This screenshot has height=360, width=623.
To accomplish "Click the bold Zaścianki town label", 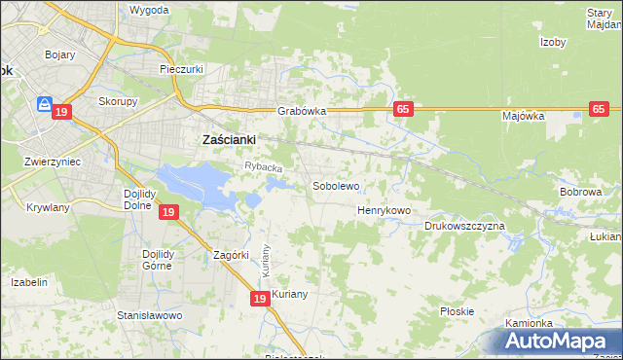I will coord(228,139).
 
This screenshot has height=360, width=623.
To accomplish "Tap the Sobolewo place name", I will coord(336,185).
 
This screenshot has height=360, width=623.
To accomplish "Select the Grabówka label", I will coord(299,111).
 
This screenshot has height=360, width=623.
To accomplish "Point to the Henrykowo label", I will coord(385,210).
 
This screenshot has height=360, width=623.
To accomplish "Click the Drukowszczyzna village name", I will coord(464,226).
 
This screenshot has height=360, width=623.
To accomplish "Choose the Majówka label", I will coord(523,116).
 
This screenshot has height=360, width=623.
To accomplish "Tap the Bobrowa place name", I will coord(580,193).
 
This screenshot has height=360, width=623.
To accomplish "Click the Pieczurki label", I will coord(180,70).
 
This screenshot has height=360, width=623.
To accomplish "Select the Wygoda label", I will coord(149,10).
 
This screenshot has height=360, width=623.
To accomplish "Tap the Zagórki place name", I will coord(233,256).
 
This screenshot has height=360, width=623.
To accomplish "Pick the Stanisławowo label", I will coord(150,316).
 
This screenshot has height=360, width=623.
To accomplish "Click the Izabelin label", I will coord(29,282).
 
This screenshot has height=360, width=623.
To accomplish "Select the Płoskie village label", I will coord(457,311).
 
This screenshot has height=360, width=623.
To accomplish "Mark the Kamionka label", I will coord(529,323).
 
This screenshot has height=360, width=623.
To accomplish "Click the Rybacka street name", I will coord(262,168).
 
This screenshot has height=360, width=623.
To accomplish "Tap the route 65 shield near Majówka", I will coord(600,110).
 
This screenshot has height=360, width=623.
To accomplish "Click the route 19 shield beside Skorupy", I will coord(62,113).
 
